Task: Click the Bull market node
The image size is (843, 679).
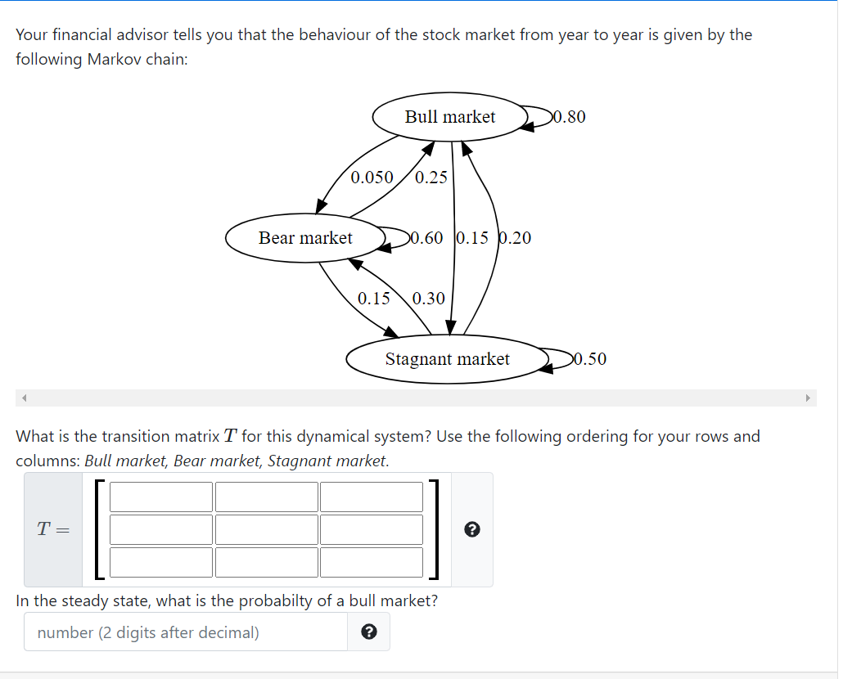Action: tap(449, 117)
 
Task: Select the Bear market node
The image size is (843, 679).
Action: tap(305, 238)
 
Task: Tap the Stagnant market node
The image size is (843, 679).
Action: tap(447, 359)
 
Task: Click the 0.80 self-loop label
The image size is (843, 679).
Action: tap(570, 117)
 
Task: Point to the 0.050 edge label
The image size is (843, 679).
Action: tap(372, 177)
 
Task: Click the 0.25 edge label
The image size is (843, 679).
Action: tap(431, 177)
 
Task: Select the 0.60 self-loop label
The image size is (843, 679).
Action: tap(426, 238)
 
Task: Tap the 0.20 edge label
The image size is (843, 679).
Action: tap(515, 238)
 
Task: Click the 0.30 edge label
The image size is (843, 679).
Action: tap(429, 299)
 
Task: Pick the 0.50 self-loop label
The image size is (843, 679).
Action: tap(590, 359)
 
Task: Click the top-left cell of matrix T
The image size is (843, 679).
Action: tap(161, 497)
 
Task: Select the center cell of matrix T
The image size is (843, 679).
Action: tap(266, 529)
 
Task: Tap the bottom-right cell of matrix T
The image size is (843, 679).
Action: tap(371, 561)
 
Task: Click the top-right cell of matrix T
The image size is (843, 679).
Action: tap(371, 497)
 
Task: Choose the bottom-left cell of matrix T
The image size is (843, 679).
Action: tap(161, 561)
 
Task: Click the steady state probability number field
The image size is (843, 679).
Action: tap(186, 632)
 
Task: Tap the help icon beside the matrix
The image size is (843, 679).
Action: tap(471, 529)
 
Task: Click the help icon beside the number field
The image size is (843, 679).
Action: tap(368, 632)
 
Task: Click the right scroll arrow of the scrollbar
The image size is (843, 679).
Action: tap(807, 398)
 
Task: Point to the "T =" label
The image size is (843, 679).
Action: tap(53, 529)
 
